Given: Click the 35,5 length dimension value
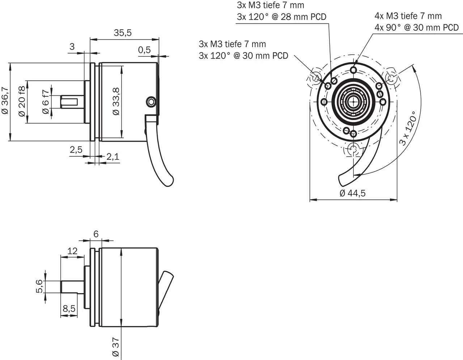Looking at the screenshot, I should click(123, 33).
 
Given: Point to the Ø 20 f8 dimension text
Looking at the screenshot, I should click(22, 101).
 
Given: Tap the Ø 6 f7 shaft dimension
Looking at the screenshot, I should click(46, 102).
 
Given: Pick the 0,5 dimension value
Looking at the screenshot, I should click(144, 50).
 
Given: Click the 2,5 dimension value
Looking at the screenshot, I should click(76, 150).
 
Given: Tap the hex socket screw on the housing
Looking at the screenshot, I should click(151, 102).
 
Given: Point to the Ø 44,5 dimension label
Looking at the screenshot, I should click(353, 193).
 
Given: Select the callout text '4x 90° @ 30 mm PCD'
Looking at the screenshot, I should click(416, 27).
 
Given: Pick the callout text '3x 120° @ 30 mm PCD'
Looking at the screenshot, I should click(243, 56).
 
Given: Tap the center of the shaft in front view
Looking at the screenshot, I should click(353, 102).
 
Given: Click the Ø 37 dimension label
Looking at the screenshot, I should click(116, 348).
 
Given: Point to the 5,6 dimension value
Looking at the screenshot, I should click(40, 286).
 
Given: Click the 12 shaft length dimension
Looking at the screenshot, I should click(72, 250).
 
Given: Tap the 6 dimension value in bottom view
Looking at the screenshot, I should click(96, 234).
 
